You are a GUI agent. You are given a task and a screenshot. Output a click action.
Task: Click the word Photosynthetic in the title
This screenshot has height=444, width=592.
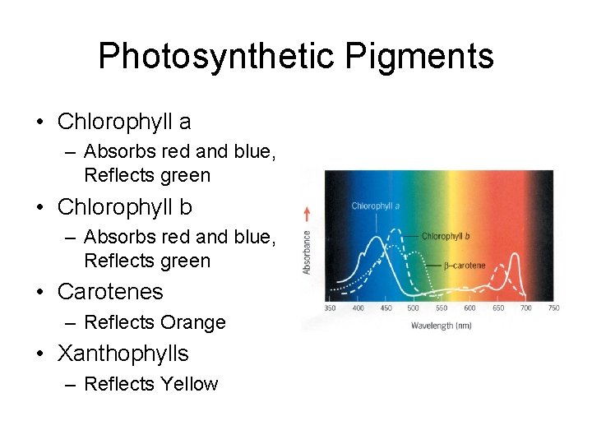(x=216, y=56)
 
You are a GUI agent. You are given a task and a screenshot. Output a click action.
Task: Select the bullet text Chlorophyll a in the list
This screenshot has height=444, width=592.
(x=124, y=122)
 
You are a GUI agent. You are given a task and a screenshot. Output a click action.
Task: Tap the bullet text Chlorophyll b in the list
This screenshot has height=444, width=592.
(x=125, y=207)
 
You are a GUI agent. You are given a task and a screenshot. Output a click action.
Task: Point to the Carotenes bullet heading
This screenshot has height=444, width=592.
(x=110, y=292)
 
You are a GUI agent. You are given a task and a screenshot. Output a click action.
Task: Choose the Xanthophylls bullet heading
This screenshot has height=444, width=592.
(x=123, y=354)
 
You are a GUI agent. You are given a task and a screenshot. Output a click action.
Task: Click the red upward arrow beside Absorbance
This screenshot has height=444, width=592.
(x=308, y=214)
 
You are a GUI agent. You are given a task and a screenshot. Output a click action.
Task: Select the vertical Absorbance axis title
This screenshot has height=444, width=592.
(x=308, y=252)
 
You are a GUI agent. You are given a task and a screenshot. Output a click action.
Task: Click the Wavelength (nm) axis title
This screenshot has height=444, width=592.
(x=441, y=326)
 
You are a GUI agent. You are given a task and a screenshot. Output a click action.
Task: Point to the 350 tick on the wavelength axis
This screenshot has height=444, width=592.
(x=330, y=308)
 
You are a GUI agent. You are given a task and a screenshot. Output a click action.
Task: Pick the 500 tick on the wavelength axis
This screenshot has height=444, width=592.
(x=413, y=308)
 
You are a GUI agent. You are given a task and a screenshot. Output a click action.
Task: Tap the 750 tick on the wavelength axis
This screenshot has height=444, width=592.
(x=553, y=308)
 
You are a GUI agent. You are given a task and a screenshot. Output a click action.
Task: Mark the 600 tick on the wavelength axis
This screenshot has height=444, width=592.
(x=469, y=308)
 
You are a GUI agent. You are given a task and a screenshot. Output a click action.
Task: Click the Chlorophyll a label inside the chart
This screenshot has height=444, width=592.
(x=375, y=206)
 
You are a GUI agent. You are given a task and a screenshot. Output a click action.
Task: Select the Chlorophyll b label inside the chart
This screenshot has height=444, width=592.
(x=446, y=236)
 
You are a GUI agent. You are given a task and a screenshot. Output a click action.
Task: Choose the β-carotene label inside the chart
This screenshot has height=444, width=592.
(x=464, y=266)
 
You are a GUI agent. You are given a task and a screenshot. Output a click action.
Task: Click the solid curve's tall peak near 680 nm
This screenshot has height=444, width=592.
(x=518, y=257)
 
